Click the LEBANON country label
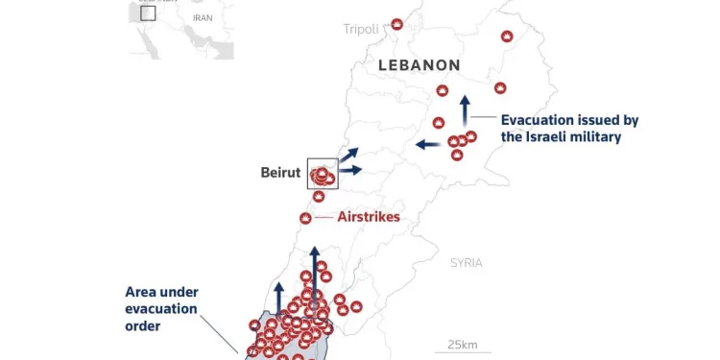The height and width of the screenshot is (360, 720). [420, 65]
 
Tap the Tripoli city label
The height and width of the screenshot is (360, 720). [361, 29]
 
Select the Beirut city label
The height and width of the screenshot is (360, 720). [280, 173]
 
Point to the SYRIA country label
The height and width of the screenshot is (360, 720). [467, 262]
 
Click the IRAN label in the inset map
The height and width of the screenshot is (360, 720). [202, 17]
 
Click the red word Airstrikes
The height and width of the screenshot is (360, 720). [369, 217]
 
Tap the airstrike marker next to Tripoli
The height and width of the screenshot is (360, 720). [397, 24]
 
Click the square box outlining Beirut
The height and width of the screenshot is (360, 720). [323, 174]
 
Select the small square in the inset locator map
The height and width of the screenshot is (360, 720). [147, 12]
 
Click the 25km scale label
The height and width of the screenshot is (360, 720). [463, 346]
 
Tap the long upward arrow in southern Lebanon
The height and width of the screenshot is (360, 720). [314, 272]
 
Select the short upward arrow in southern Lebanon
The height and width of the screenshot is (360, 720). [279, 297]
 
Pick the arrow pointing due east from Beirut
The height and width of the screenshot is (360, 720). [350, 170]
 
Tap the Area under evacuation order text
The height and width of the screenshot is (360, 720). [161, 308]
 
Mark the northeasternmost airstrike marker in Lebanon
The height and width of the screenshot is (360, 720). [507, 36]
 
